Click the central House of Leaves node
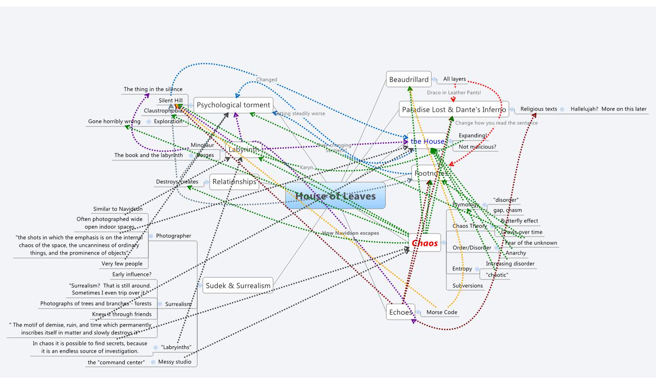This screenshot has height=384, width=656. pyautogui.click(x=335, y=196)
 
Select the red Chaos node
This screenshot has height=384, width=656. pyautogui.click(x=424, y=243)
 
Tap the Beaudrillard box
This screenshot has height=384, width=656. pyautogui.click(x=409, y=79)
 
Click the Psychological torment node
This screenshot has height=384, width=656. pyautogui.click(x=233, y=105)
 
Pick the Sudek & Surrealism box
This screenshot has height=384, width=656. pyautogui.click(x=238, y=285)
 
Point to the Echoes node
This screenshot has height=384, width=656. pyautogui.click(x=400, y=312)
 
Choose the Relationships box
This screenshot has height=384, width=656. pyautogui.click(x=234, y=182)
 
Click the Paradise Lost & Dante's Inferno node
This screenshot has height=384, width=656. pyautogui.click(x=454, y=109)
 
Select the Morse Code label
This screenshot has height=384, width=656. pyautogui.click(x=442, y=312)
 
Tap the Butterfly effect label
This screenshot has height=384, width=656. pyautogui.click(x=519, y=221)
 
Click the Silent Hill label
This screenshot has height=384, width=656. pyautogui.click(x=171, y=100)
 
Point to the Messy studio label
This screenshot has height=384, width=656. pyautogui.click(x=175, y=362)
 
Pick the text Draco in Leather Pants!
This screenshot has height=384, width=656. pyautogui.click(x=454, y=93)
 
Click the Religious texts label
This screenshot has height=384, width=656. pyautogui.click(x=539, y=109)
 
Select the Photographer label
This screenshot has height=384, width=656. pyautogui.click(x=174, y=236)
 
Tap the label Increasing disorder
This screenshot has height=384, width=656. pyautogui.click(x=510, y=264)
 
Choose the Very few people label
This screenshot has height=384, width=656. pyautogui.click(x=122, y=264)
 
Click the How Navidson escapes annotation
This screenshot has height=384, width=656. pyautogui.click(x=350, y=233)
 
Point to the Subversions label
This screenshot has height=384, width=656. pyautogui.click(x=467, y=285)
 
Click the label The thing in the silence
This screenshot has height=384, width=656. pyautogui.click(x=153, y=89)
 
